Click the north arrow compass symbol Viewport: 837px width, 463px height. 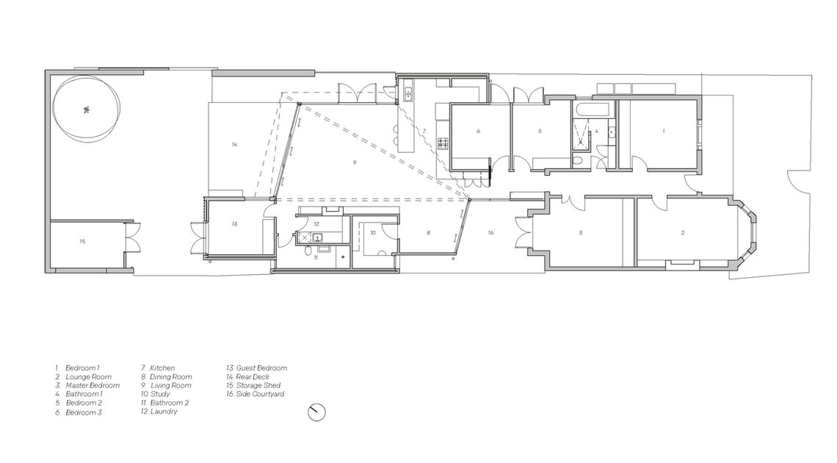pos(316,412)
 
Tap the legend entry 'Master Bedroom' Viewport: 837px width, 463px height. pos(93,385)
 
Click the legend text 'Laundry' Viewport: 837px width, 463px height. pos(163,412)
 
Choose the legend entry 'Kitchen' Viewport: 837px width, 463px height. pos(162,367)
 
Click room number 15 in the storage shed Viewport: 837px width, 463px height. pos(83,241)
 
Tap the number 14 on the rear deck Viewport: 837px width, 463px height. pos(234,144)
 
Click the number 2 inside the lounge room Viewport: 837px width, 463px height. pos(683,232)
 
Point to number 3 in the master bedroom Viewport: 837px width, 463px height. pos(580,232)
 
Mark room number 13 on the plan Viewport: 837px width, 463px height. pos(234,223)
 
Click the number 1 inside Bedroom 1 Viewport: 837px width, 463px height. pos(664,131)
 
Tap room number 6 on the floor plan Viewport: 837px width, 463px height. pos(478,131)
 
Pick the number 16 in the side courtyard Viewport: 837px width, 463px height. pos(490,232)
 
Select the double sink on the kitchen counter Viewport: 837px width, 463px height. pos(407,93)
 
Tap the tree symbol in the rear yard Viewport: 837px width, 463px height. pos(86,111)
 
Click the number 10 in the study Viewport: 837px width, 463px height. pos(372,232)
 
